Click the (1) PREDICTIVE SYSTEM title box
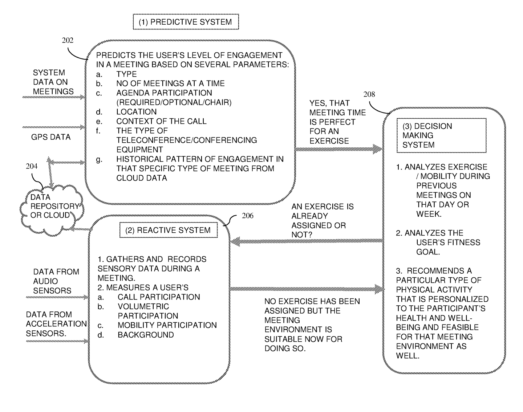pyautogui.click(x=186, y=22)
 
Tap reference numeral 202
pyautogui.click(x=67, y=40)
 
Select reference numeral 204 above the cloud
pyautogui.click(x=32, y=167)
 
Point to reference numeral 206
pyautogui.click(x=247, y=216)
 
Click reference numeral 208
pyautogui.click(x=369, y=95)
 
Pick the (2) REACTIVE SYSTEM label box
pyautogui.click(x=168, y=231)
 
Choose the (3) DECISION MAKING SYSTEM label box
pyautogui.click(x=441, y=135)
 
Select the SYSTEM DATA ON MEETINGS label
pyautogui.click(x=53, y=82)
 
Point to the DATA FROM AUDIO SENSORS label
pyautogui.click(x=56, y=281)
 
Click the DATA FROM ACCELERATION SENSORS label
pyautogui.click(x=56, y=324)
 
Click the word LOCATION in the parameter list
pyautogui.click(x=136, y=112)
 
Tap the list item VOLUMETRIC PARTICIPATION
pyautogui.click(x=147, y=311)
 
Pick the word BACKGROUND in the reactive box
pyautogui.click(x=145, y=335)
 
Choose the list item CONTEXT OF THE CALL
pyautogui.click(x=161, y=121)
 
